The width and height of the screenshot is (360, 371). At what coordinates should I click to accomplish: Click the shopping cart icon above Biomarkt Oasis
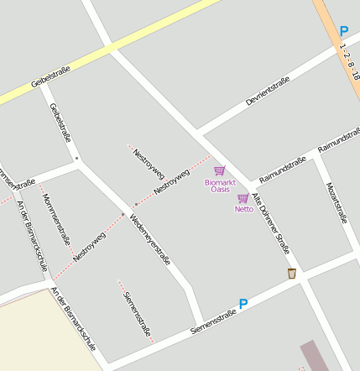click(219, 170)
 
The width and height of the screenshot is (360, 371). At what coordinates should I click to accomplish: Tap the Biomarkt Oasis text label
click(220, 185)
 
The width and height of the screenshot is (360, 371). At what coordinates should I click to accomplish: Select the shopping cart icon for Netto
click(243, 199)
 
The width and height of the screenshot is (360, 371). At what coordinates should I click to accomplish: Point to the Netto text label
click(243, 209)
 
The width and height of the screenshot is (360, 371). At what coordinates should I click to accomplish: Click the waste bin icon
click(291, 274)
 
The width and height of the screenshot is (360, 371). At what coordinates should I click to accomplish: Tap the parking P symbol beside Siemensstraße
click(243, 305)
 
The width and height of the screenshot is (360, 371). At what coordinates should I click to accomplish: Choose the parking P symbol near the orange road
click(343, 31)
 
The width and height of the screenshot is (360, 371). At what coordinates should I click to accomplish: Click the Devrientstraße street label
click(268, 90)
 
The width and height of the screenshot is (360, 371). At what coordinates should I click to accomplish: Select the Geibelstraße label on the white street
click(59, 123)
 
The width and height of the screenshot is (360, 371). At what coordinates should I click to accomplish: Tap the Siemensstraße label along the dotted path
click(135, 314)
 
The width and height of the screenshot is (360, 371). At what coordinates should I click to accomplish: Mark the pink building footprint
click(314, 356)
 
